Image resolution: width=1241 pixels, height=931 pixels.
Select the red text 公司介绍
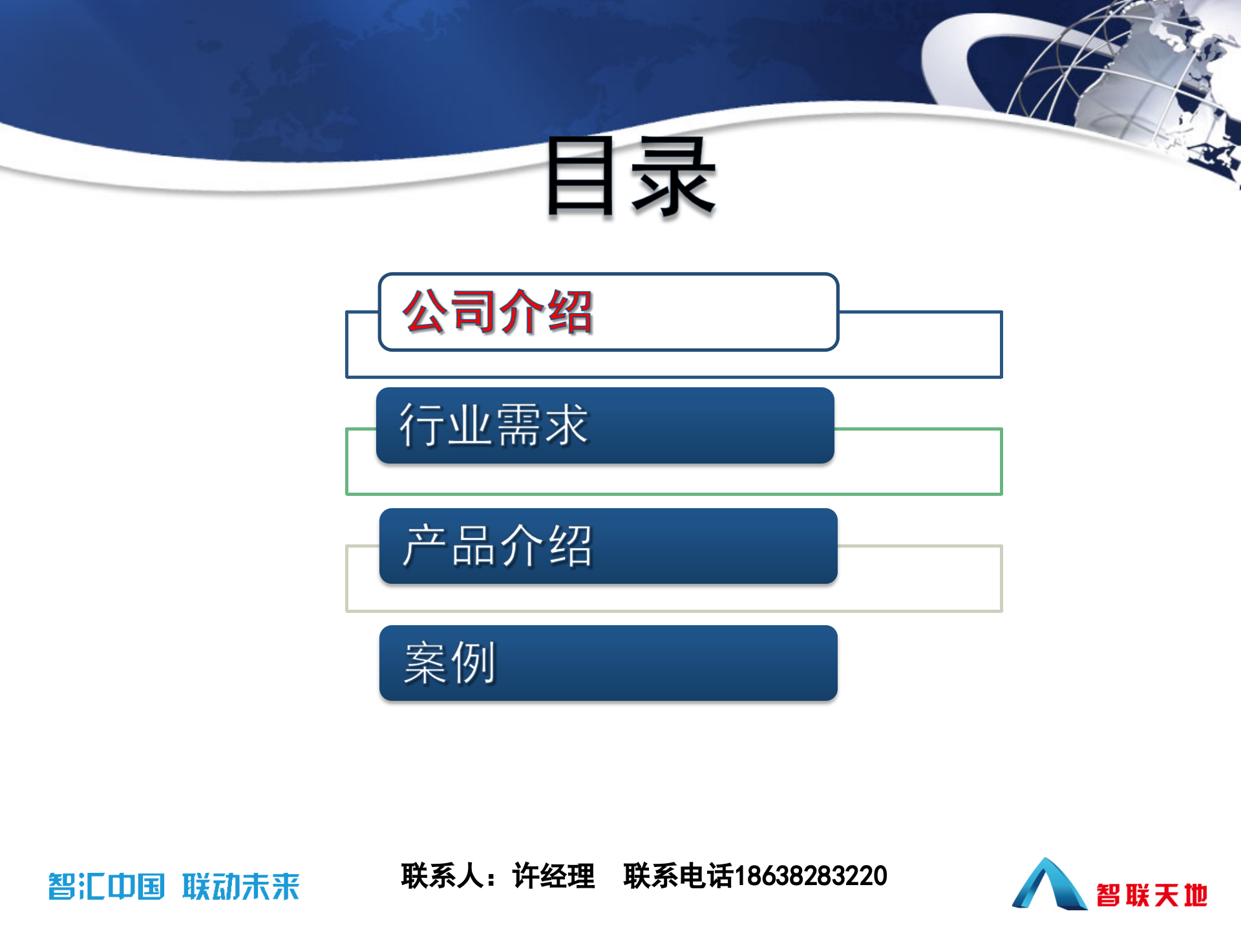498,312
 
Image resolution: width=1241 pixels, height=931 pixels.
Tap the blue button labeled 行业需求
605,425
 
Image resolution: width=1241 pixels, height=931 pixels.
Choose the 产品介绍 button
608,546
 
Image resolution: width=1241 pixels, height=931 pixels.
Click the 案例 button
608,663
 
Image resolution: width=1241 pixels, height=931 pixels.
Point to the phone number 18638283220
811,876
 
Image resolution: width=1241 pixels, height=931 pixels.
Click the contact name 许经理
553,876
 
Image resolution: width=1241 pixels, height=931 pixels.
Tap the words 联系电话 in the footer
678,876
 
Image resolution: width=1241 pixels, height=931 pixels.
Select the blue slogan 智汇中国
107,886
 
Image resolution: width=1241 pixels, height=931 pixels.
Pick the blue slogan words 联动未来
241,886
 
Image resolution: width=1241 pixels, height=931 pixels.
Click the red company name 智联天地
1152,895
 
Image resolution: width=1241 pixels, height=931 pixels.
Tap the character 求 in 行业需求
567,425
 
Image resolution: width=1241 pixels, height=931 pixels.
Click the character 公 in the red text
425,312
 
